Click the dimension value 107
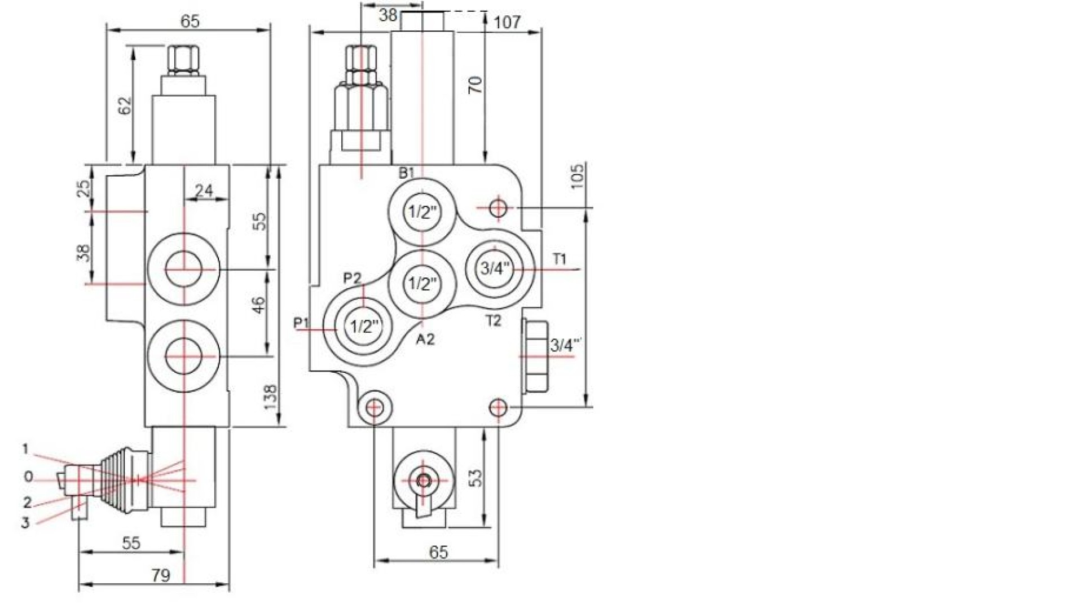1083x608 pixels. [507, 23]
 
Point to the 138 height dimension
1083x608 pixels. [270, 397]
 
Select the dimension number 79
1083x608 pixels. [161, 575]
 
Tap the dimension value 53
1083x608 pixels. [476, 478]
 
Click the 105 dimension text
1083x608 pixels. [576, 177]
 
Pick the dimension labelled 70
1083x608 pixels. [476, 85]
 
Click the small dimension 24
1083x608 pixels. [204, 191]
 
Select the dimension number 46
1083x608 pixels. [257, 306]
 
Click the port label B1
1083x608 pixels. [407, 173]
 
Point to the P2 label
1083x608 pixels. [353, 278]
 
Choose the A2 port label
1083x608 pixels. [425, 339]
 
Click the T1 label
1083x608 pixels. [559, 259]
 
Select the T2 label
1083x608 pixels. [494, 321]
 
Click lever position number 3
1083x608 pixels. [25, 523]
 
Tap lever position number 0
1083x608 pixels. [28, 477]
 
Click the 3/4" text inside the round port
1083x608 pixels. [495, 268]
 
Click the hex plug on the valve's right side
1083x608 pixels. [535, 356]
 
